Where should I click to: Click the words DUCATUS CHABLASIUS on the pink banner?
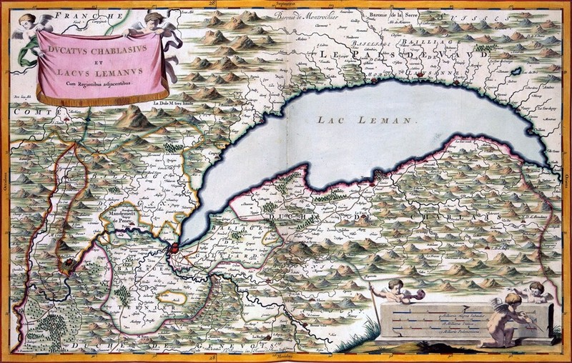[99, 51]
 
